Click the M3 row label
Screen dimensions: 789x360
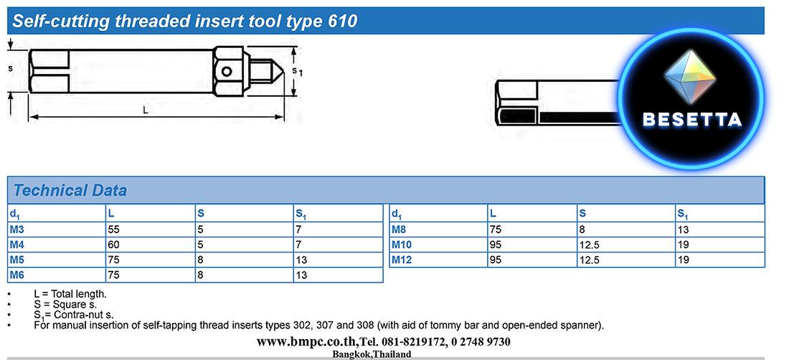click(x=16, y=229)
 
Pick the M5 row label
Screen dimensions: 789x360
click(x=16, y=260)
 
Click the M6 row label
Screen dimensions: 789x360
click(x=16, y=275)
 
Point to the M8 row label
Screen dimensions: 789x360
click(x=399, y=229)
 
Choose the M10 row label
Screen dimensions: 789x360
click(x=402, y=245)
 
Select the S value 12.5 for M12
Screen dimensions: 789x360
click(x=589, y=260)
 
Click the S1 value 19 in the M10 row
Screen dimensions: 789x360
click(x=684, y=245)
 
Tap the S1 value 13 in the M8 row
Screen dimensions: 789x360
click(x=684, y=229)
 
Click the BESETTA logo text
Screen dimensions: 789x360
click(x=692, y=119)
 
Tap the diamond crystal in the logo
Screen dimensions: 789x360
click(x=689, y=76)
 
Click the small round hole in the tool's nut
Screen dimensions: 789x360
click(x=227, y=72)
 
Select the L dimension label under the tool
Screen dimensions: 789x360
click(x=146, y=110)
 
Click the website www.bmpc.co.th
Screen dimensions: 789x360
click(x=307, y=342)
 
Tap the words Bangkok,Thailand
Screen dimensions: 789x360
click(x=372, y=354)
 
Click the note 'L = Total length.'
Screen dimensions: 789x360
click(x=70, y=294)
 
